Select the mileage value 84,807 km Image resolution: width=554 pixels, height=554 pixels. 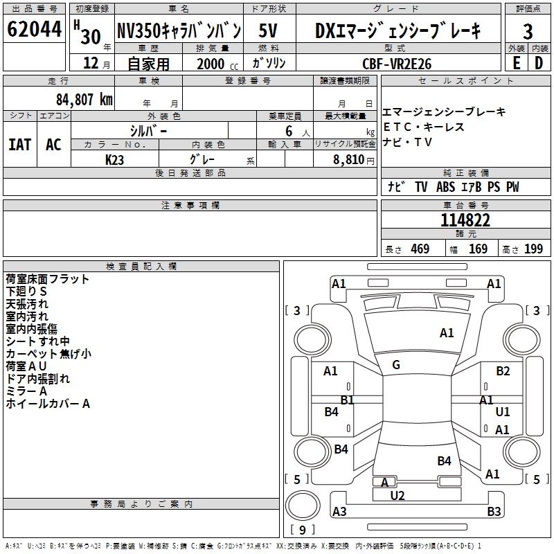[x=84, y=99]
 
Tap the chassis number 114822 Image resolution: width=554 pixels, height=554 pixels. [x=465, y=220]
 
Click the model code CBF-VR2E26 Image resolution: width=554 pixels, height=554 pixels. [x=397, y=64]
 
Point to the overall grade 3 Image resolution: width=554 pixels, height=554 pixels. [x=528, y=31]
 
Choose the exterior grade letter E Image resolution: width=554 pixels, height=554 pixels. [x=516, y=63]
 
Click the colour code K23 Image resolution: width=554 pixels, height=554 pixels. [x=115, y=159]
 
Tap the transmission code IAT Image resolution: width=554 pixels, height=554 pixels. [x=19, y=144]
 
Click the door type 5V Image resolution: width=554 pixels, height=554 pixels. [x=269, y=30]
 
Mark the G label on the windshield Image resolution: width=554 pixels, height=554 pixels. [x=396, y=365]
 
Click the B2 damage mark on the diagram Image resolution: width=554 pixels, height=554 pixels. [x=503, y=371]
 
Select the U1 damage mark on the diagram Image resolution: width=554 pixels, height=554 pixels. [x=503, y=411]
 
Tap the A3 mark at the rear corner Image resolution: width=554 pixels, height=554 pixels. [x=339, y=511]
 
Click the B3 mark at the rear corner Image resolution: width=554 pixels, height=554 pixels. [x=494, y=511]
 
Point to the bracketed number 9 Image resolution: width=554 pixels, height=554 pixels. [x=302, y=530]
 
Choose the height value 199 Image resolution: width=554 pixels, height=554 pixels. [x=533, y=249]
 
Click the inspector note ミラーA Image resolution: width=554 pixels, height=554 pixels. [x=26, y=391]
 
